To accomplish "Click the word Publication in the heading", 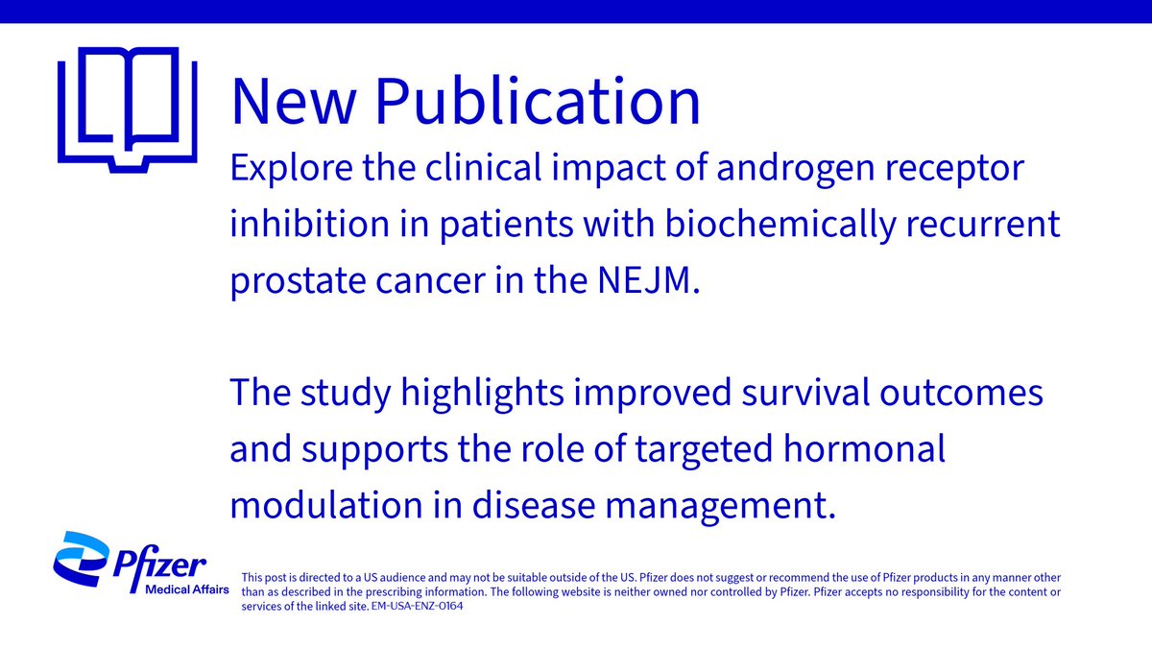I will coord(538,102).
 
